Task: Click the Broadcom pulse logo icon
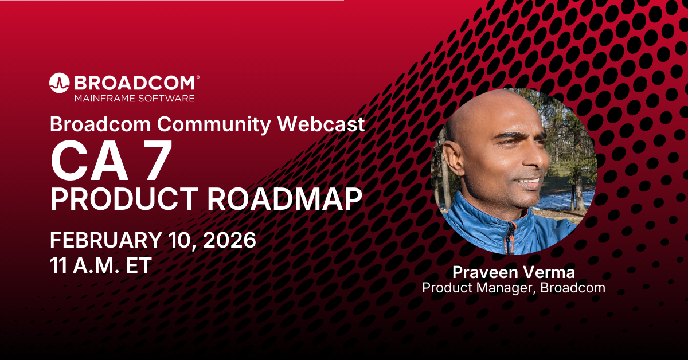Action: (x=59, y=83)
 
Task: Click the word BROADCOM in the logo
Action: (x=135, y=83)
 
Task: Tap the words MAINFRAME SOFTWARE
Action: (x=135, y=98)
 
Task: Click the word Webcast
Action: (x=321, y=123)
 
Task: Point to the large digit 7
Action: (x=158, y=161)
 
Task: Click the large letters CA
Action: (x=89, y=161)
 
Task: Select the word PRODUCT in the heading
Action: (x=124, y=199)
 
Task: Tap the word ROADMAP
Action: (x=285, y=199)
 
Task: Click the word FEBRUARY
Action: (x=106, y=240)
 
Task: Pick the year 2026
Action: (x=229, y=240)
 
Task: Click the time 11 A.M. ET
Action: (x=101, y=265)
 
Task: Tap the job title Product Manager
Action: (x=478, y=288)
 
